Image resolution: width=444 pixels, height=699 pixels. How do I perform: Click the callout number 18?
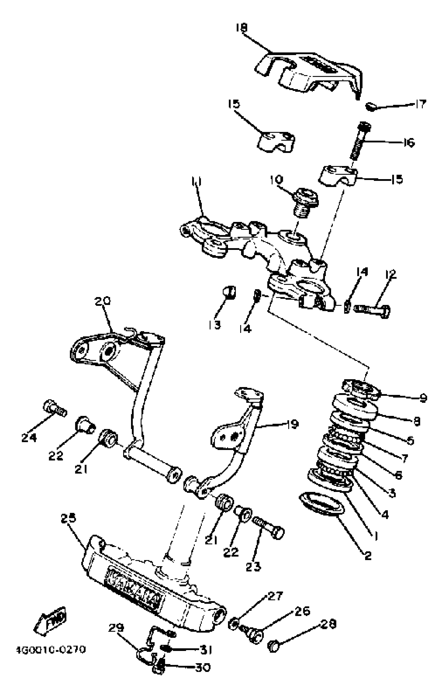(x=242, y=28)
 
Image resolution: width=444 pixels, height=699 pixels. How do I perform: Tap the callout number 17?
(x=420, y=104)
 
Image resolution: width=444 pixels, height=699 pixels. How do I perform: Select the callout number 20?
(x=102, y=301)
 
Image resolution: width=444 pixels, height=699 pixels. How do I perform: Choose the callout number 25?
(x=68, y=518)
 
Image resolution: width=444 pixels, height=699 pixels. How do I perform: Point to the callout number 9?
(x=423, y=398)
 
